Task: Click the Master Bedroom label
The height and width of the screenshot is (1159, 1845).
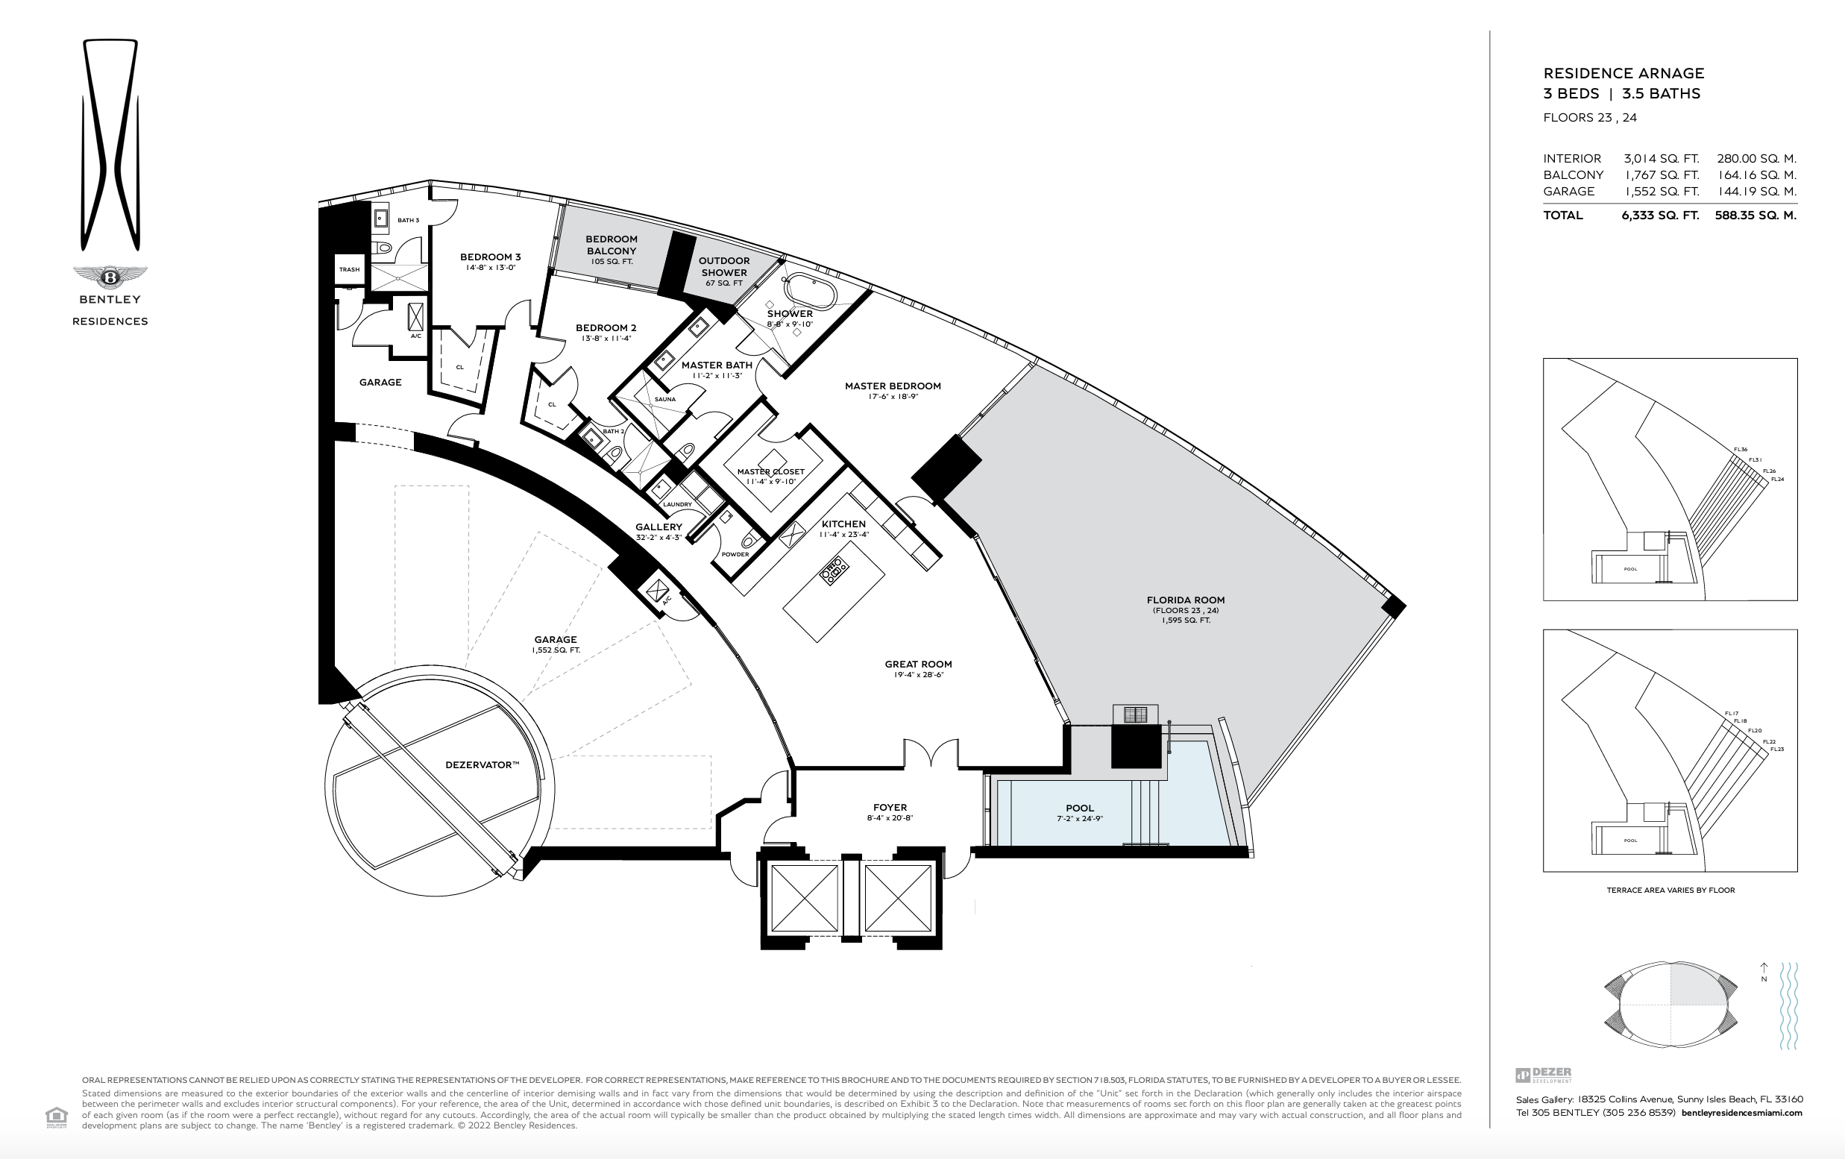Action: [x=893, y=386]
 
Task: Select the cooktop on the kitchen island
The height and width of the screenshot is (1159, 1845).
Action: [x=835, y=571]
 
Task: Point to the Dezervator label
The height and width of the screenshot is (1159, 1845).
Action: [x=482, y=765]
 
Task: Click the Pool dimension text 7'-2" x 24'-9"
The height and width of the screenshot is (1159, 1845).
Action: [x=1079, y=819]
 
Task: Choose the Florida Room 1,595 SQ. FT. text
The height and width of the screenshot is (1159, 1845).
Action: [x=1185, y=621]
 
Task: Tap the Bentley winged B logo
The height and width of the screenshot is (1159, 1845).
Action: [x=110, y=277]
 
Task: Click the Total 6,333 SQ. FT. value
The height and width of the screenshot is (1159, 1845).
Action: [x=1659, y=216]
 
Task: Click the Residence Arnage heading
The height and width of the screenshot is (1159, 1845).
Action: [x=1624, y=74]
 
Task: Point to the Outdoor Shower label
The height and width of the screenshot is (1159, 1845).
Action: [x=723, y=266]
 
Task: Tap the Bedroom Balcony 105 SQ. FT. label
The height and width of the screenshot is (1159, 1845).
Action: [x=612, y=251]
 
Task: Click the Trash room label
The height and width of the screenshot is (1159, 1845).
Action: [x=349, y=270]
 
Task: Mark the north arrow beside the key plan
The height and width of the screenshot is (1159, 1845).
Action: [x=1764, y=973]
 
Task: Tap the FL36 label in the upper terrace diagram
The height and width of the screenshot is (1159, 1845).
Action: [x=1741, y=450]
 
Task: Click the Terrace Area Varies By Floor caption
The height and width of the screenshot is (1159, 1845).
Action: [x=1670, y=890]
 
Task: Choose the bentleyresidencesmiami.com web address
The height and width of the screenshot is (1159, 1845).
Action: [x=1741, y=1112]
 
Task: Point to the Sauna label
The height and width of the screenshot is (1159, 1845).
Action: [x=665, y=399]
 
